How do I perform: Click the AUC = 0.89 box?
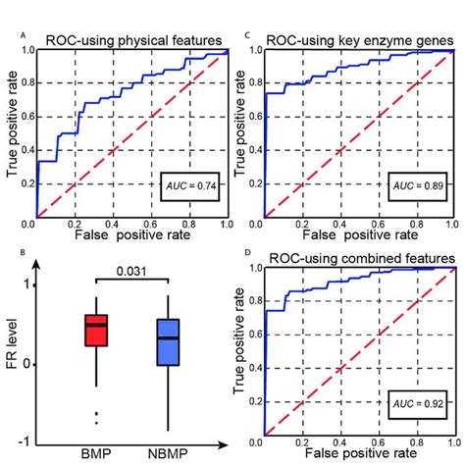(422, 183)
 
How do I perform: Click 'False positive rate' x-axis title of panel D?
(345, 457)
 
